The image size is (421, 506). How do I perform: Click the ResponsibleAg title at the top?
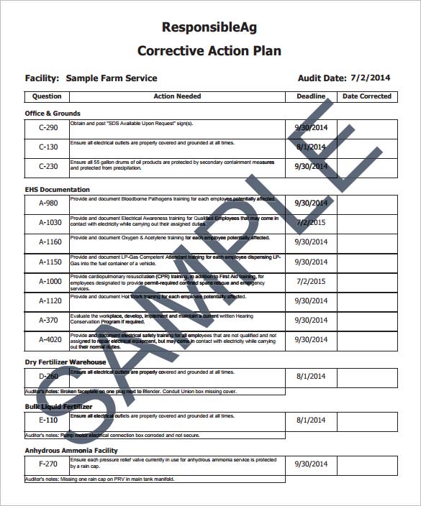coord(209,28)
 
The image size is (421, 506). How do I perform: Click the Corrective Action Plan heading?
coord(209,51)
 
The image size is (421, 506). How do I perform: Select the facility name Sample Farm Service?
coord(111,78)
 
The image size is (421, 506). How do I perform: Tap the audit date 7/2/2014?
coord(370,78)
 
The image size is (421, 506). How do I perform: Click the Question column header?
coord(47,96)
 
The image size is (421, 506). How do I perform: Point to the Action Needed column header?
coord(177,96)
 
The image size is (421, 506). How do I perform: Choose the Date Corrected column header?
coord(367,96)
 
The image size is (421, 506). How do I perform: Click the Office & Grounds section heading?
coord(53,114)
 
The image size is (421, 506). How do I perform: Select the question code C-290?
coord(47,128)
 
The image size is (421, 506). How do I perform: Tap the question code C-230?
coord(47,167)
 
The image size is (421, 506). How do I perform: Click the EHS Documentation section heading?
coord(58,190)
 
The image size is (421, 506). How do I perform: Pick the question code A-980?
coord(47,203)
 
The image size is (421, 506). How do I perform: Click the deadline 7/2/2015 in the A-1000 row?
coord(311,282)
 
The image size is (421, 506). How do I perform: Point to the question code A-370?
coord(47,321)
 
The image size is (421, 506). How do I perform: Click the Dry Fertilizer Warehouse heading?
coord(65,362)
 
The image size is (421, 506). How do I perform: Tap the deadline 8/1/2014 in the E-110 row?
coord(311,420)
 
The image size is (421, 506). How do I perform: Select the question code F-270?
coord(47,464)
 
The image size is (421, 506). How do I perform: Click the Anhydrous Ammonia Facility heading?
coord(71,451)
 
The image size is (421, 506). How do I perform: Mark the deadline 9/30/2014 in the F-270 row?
coord(311,464)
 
